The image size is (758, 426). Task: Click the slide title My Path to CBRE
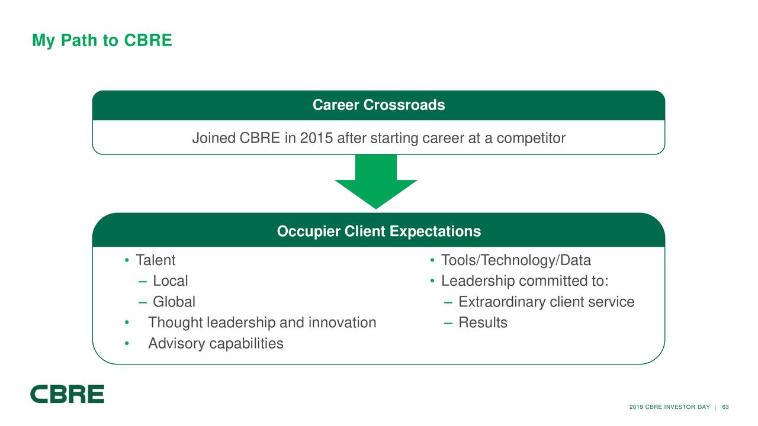pyautogui.click(x=102, y=40)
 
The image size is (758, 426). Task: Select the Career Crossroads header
pyautogui.click(x=378, y=105)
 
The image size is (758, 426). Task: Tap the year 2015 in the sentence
pyautogui.click(x=317, y=138)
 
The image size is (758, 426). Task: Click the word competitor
pyautogui.click(x=531, y=138)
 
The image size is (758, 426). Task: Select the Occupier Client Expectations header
pyautogui.click(x=378, y=231)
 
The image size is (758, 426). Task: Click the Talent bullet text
pyautogui.click(x=155, y=260)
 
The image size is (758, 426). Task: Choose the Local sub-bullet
pyautogui.click(x=170, y=281)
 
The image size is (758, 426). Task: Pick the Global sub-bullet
pyautogui.click(x=174, y=302)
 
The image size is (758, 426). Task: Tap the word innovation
pyautogui.click(x=342, y=322)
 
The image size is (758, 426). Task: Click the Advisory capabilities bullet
pyautogui.click(x=216, y=343)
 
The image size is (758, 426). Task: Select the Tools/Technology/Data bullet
pyautogui.click(x=516, y=260)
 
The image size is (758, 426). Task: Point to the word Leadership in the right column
pyautogui.click(x=477, y=281)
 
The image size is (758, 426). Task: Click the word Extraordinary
pyautogui.click(x=502, y=302)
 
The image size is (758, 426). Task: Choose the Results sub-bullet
pyautogui.click(x=483, y=322)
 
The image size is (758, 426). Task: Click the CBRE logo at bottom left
pyautogui.click(x=68, y=394)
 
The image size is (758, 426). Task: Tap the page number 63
pyautogui.click(x=725, y=406)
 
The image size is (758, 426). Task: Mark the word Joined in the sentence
pyautogui.click(x=213, y=138)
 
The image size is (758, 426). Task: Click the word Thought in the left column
pyautogui.click(x=175, y=322)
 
